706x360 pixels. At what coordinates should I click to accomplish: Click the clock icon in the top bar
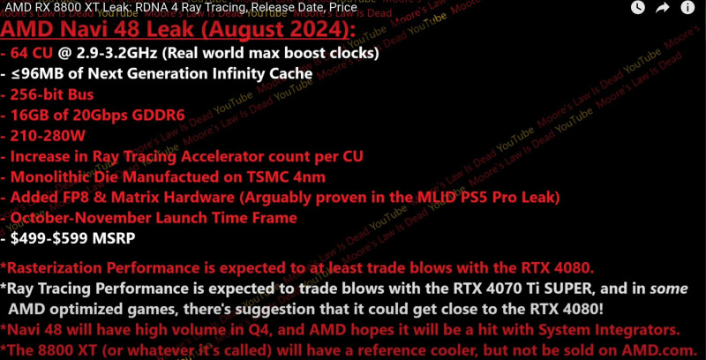pos(637,7)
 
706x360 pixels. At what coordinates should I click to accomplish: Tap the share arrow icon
pos(663,7)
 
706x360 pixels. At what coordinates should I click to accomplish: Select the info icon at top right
pos(687,7)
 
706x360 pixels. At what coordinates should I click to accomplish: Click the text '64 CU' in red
pos(32,54)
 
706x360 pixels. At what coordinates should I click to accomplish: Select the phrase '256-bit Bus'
pos(52,94)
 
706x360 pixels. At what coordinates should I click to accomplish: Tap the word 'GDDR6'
pos(158,116)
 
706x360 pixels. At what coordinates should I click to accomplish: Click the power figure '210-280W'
pos(48,136)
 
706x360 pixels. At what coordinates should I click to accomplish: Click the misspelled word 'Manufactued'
pos(168,176)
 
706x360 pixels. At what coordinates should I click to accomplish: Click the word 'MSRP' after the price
pos(114,238)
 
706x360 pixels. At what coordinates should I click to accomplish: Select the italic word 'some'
pos(669,289)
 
